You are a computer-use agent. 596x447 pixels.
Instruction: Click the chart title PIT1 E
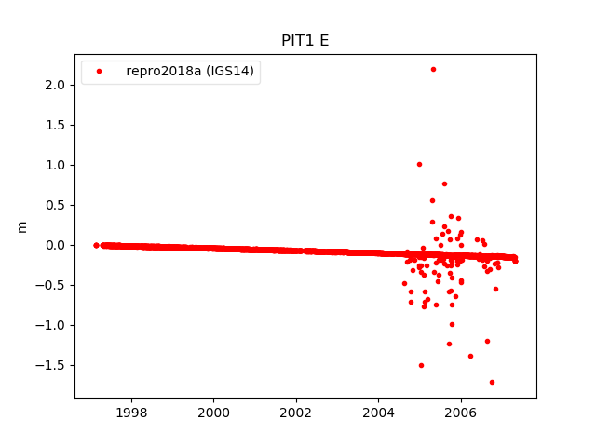point(305,41)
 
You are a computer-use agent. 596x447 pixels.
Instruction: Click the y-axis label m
point(22,226)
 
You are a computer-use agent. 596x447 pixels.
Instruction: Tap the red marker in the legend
point(99,71)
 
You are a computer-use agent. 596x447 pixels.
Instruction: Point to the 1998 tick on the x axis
point(131,413)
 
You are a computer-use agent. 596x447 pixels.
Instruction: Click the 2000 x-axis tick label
point(213,413)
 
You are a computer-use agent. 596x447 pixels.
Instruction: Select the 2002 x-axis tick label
point(296,413)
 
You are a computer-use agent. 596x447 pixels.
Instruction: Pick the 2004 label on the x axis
point(378,413)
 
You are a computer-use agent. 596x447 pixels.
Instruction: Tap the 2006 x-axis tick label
point(460,413)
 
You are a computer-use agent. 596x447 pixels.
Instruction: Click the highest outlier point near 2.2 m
point(433,69)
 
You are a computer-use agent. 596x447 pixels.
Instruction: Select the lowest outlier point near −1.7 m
point(492,382)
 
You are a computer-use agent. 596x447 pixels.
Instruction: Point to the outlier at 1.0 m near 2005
point(419,164)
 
